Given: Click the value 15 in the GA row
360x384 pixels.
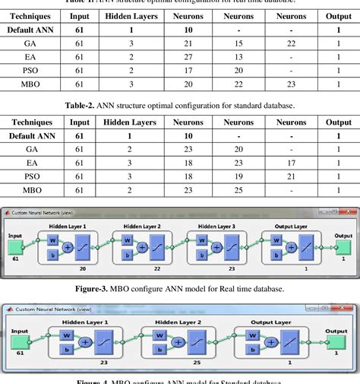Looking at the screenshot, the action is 238,43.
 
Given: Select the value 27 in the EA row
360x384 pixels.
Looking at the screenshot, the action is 187,57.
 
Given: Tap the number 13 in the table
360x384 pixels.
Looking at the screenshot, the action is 238,57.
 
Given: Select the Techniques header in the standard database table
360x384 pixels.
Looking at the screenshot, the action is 33,122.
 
